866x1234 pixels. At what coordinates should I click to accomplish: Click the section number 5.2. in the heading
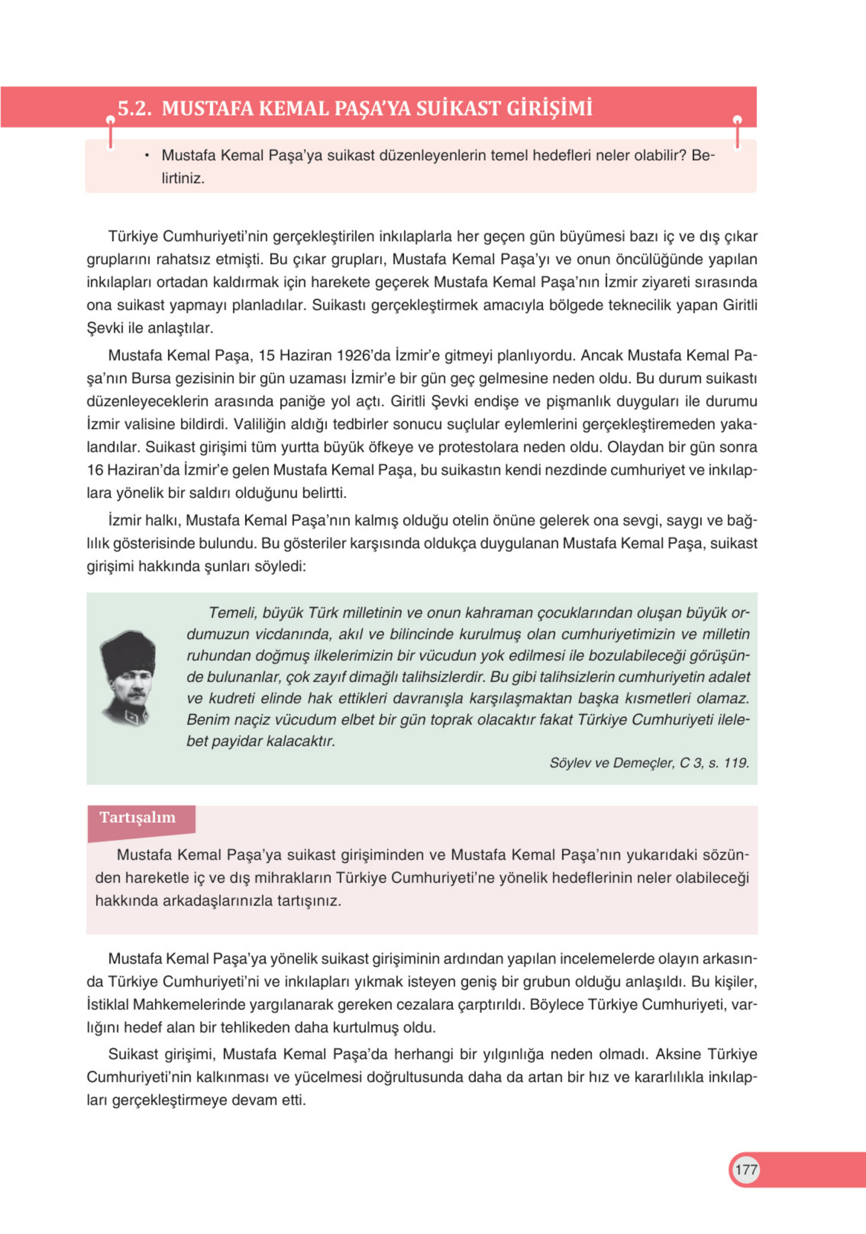[134, 108]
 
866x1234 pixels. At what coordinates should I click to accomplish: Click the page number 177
[745, 1169]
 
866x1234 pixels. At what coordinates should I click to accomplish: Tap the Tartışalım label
[137, 818]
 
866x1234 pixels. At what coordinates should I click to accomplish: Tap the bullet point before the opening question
[146, 156]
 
